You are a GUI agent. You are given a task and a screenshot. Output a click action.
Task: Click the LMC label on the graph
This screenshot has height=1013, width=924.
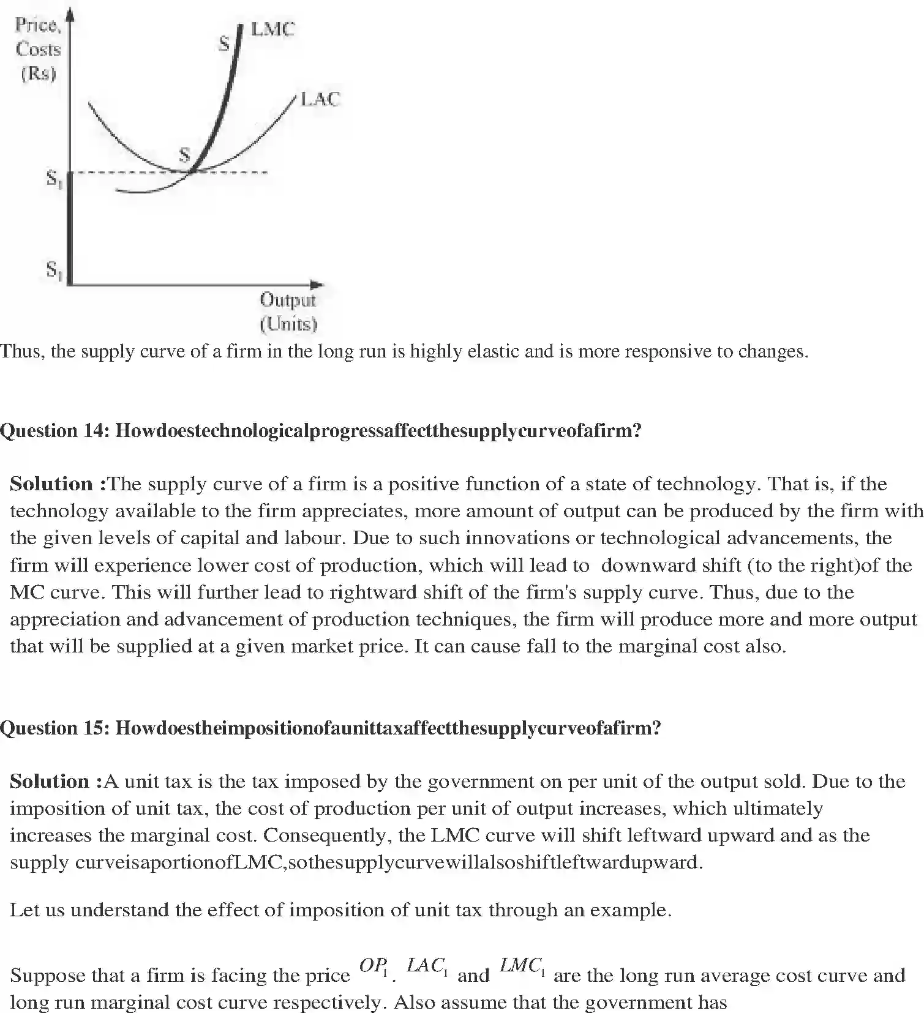pyautogui.click(x=272, y=29)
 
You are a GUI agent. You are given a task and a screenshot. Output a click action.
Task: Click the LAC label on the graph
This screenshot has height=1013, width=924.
pyautogui.click(x=320, y=99)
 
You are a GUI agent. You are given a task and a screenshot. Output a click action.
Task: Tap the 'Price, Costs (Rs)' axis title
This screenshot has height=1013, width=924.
pyautogui.click(x=38, y=50)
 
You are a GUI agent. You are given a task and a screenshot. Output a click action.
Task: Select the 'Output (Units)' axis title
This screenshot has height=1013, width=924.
pyautogui.click(x=288, y=312)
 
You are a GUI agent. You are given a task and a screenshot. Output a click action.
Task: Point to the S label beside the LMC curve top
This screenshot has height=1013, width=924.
pyautogui.click(x=224, y=43)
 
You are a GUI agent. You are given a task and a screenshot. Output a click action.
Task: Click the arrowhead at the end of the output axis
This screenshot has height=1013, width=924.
pyautogui.click(x=317, y=285)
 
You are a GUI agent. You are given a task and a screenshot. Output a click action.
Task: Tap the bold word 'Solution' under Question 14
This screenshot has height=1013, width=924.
pyautogui.click(x=51, y=484)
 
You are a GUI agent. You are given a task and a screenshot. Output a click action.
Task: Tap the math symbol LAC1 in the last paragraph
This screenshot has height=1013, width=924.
pyautogui.click(x=427, y=966)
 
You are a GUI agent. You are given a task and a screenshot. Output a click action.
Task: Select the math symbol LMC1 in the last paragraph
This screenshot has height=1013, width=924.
pyautogui.click(x=522, y=966)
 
